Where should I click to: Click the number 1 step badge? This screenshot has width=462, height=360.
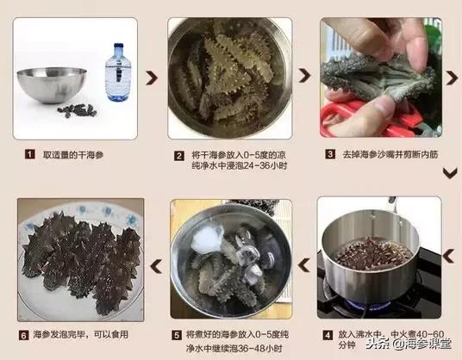30,155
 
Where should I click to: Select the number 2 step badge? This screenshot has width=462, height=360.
179,156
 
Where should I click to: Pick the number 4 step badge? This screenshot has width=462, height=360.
328,334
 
